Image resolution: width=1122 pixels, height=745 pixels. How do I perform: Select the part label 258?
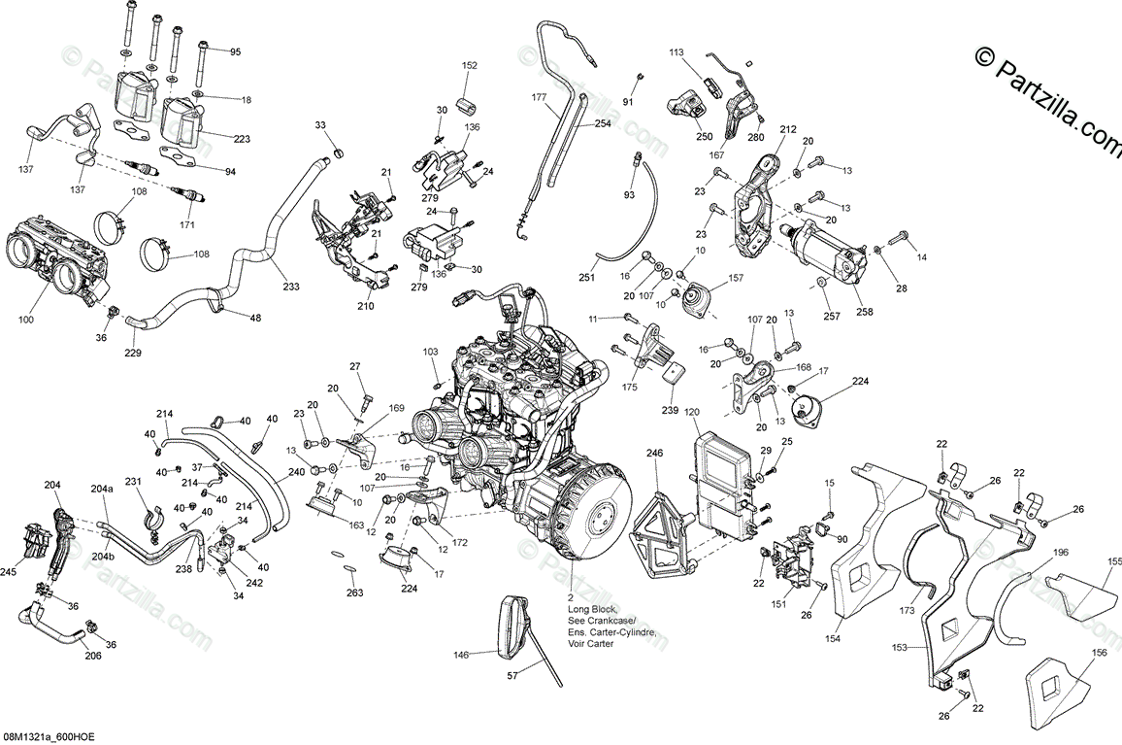click(865, 312)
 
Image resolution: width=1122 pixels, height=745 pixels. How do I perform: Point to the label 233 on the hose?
click(291, 287)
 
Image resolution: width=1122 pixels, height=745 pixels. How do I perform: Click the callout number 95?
click(234, 51)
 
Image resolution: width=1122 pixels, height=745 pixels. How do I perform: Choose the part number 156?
click(1099, 653)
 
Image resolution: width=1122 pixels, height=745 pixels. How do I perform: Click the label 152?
click(470, 65)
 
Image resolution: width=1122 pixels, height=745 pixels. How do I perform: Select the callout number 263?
click(354, 593)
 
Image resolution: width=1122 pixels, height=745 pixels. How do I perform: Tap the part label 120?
click(691, 412)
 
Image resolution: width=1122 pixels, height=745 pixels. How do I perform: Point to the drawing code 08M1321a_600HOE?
click(53, 737)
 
